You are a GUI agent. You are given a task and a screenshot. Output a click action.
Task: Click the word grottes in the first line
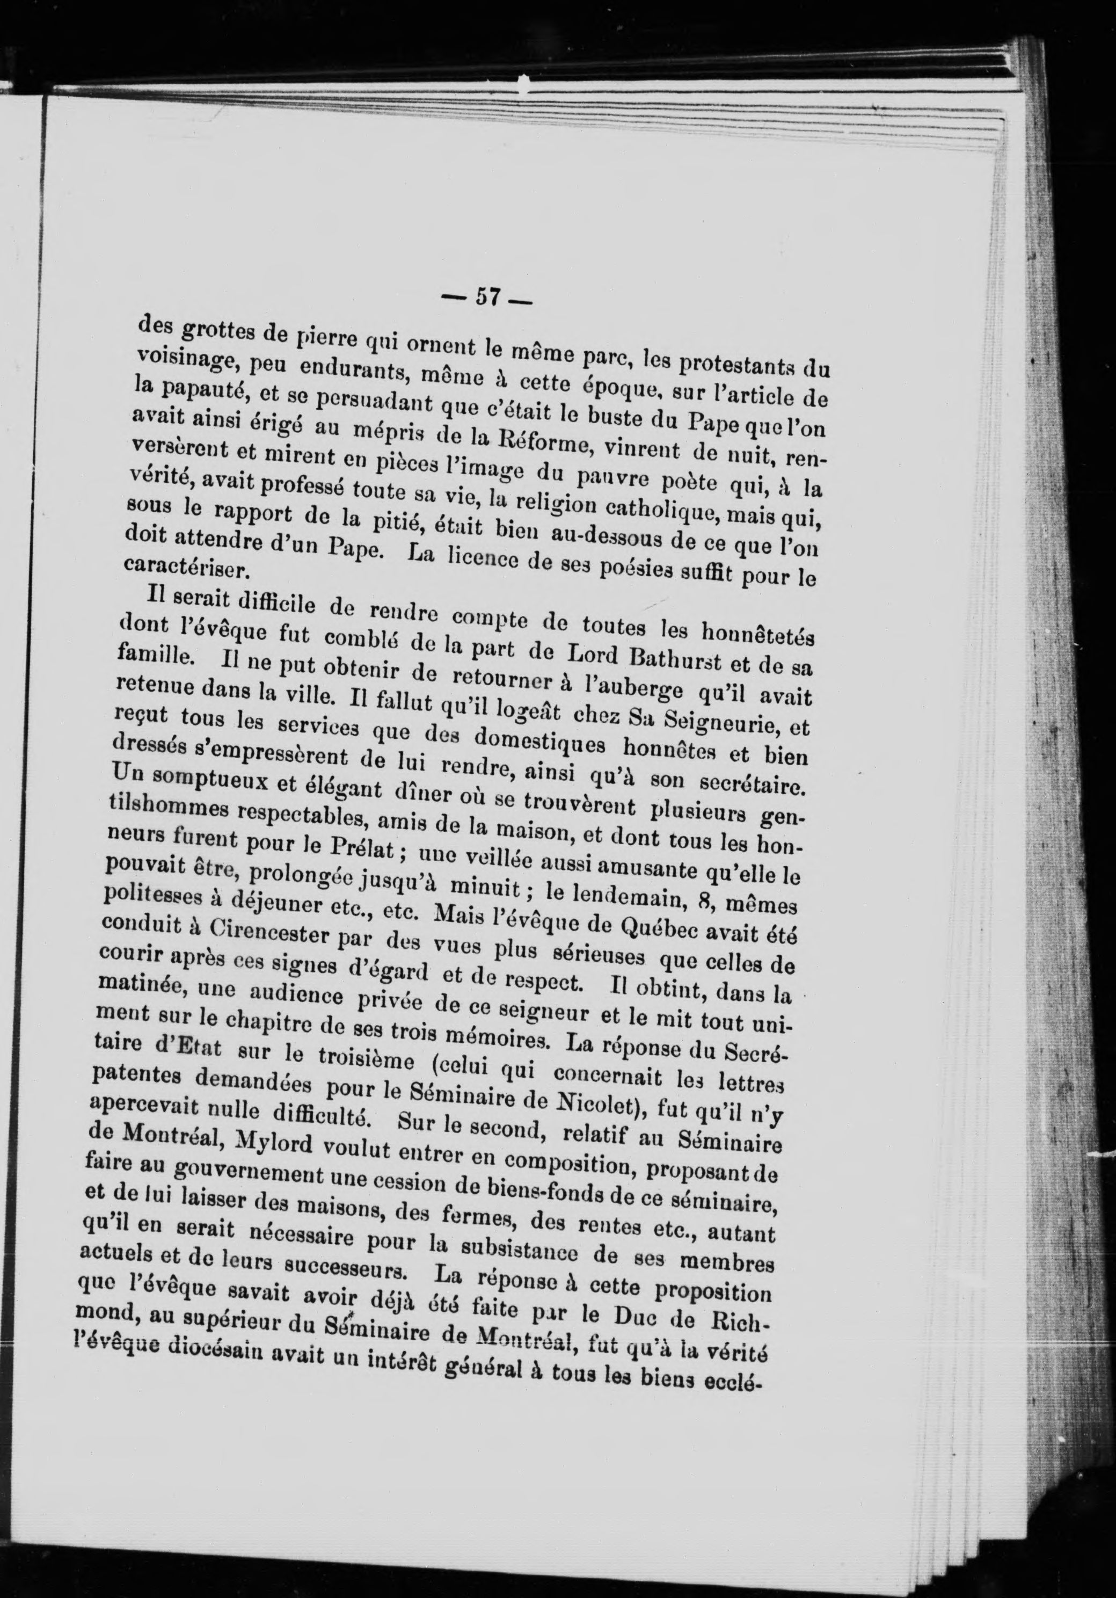coord(209,333)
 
